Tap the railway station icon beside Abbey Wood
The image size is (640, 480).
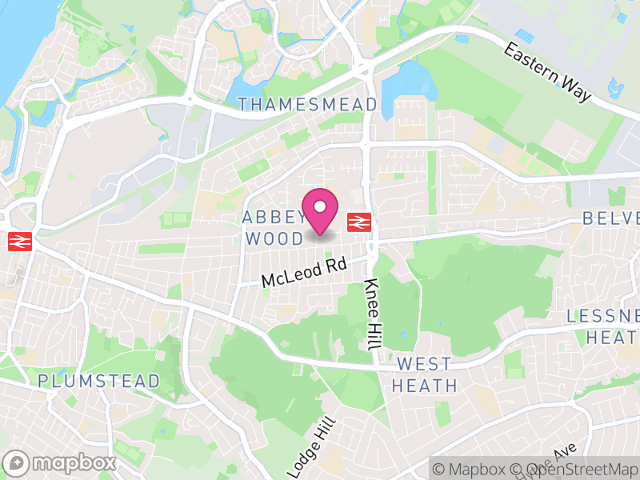coord(358,222)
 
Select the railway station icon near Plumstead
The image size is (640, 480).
coord(18,242)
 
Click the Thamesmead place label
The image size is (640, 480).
coord(308,105)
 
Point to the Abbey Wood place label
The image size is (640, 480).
coord(274,228)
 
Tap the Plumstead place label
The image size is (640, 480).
coord(99,381)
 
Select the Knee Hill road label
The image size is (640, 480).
coord(371,315)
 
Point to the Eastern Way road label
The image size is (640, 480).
coord(547,72)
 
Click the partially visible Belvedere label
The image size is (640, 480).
coord(611,218)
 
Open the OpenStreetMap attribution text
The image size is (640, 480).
coord(588,469)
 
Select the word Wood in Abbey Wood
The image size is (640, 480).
coord(274,238)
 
